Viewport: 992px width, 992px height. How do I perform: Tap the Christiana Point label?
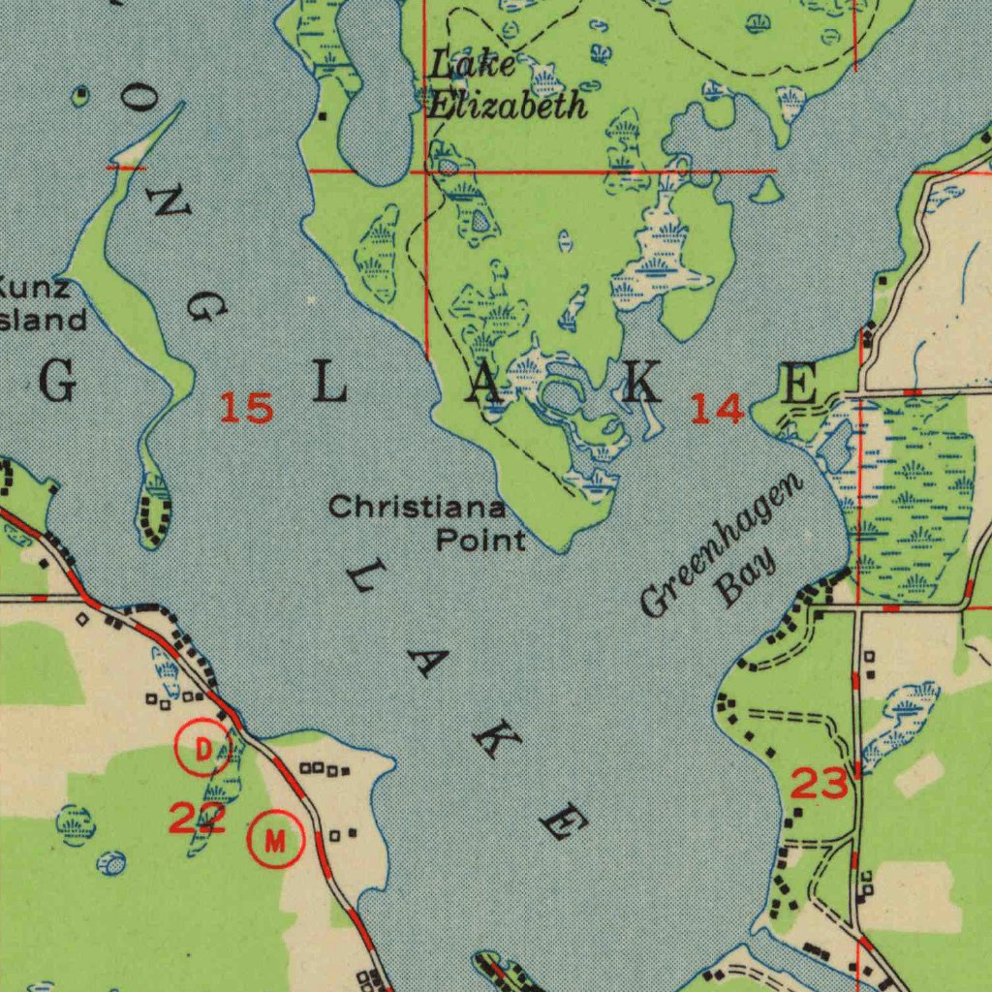pyautogui.click(x=427, y=523)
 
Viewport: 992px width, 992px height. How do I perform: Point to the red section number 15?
pyautogui.click(x=245, y=408)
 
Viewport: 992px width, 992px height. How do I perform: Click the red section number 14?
pyautogui.click(x=717, y=410)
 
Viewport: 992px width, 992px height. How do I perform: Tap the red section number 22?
pyautogui.click(x=198, y=819)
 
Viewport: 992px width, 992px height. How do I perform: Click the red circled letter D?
pyautogui.click(x=203, y=749)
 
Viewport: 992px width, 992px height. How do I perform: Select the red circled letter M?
pyautogui.click(x=276, y=839)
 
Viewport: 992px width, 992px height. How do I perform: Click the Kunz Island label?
pyautogui.click(x=39, y=303)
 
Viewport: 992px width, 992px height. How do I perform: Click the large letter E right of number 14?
pyautogui.click(x=799, y=384)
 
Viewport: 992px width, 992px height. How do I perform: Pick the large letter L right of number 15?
pyautogui.click(x=329, y=385)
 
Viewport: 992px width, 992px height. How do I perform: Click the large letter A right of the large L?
pyautogui.click(x=484, y=385)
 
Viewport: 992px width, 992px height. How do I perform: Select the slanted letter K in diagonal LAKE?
pyautogui.click(x=493, y=741)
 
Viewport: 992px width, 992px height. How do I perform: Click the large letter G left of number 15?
pyautogui.click(x=58, y=385)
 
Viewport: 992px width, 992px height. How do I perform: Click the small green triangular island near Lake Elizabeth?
pyautogui.click(x=766, y=191)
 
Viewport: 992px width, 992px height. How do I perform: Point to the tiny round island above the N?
pyautogui.click(x=81, y=94)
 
